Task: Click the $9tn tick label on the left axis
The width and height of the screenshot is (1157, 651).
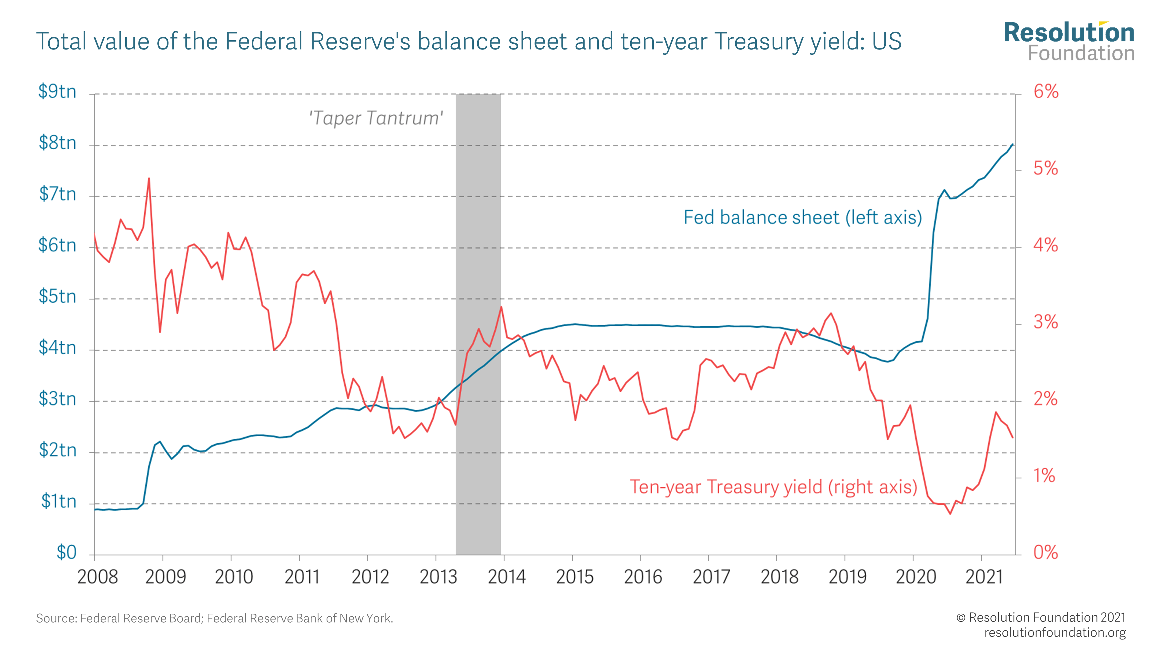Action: coord(57,92)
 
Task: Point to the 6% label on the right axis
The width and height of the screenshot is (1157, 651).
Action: coord(1046,92)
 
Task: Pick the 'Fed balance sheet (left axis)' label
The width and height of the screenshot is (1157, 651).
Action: coord(802,218)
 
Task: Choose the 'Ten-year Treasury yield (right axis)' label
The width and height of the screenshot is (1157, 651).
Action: coord(773,487)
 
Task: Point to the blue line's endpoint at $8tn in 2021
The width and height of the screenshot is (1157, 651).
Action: coord(1012,144)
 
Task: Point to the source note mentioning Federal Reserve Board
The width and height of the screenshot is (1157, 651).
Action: coord(214,619)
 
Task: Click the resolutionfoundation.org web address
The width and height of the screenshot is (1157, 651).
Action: coord(1055,632)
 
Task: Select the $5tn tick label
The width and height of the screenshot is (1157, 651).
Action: coord(57,297)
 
